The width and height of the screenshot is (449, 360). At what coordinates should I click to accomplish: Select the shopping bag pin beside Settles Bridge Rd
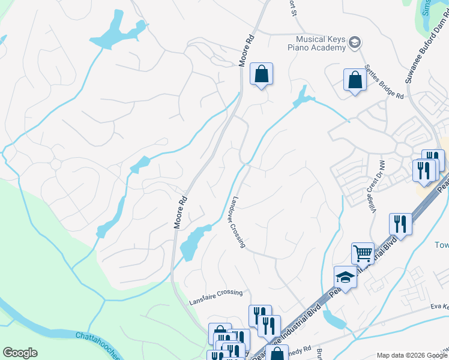[355, 80]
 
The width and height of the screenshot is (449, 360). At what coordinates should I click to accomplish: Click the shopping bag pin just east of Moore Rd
[261, 74]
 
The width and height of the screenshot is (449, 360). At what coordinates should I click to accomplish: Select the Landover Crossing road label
[238, 222]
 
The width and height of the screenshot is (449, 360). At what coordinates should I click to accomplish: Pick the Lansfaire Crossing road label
[216, 293]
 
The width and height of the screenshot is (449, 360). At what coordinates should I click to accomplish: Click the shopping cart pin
[363, 254]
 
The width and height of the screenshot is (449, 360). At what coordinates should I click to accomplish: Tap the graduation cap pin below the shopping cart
[345, 277]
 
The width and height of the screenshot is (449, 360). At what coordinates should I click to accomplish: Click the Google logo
[20, 353]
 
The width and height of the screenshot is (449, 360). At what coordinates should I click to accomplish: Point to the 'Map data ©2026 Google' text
[412, 355]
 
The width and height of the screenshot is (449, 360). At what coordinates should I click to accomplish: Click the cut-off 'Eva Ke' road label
[439, 307]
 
